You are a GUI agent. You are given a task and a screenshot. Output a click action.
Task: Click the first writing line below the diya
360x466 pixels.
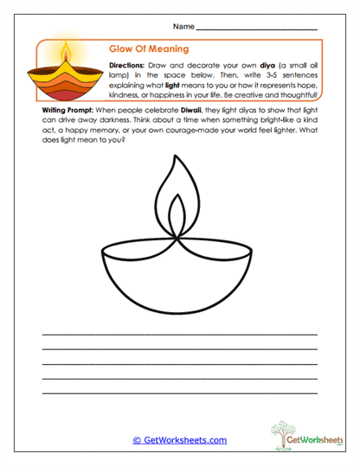coord(179,333)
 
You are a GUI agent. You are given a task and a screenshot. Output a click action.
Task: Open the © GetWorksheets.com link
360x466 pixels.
coord(179,440)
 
